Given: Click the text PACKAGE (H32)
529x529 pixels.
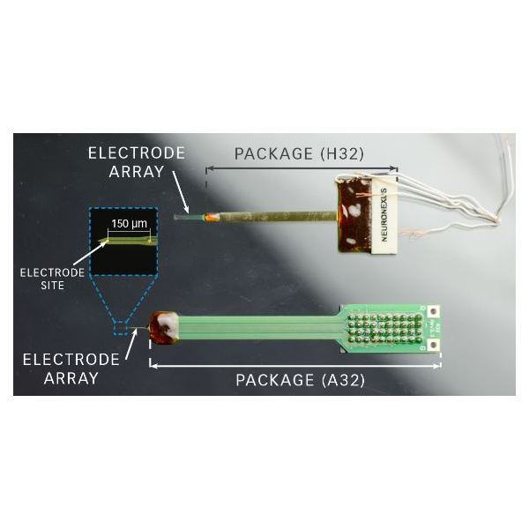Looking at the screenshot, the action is click(299, 153).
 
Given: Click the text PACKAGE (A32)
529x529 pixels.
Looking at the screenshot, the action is click(301, 380).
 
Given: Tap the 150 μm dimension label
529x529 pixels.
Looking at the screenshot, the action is click(130, 223).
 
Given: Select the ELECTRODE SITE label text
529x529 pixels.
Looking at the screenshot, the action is click(52, 279).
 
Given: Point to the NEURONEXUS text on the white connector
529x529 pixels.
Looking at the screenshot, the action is click(384, 215).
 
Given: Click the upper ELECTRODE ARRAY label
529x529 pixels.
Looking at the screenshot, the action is click(137, 162).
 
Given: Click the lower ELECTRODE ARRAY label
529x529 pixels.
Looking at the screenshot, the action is click(71, 369).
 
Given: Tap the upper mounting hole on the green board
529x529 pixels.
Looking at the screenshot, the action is click(433, 311).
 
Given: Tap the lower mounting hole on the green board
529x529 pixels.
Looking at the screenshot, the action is click(434, 345).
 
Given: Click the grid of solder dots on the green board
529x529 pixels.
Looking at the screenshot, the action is click(385, 328).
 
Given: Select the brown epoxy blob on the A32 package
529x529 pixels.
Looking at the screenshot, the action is click(164, 328).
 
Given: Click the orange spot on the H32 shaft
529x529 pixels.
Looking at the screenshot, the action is click(212, 217).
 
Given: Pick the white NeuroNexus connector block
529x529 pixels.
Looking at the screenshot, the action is click(384, 215).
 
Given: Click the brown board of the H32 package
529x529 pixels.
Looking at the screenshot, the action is click(354, 215).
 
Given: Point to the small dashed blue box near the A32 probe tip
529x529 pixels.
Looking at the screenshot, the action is click(120, 328).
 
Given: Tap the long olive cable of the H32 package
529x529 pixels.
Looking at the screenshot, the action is click(278, 216).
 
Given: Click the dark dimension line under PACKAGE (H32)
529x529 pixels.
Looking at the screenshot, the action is click(302, 168).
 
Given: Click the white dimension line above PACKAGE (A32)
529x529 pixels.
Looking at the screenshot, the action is click(295, 365).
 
